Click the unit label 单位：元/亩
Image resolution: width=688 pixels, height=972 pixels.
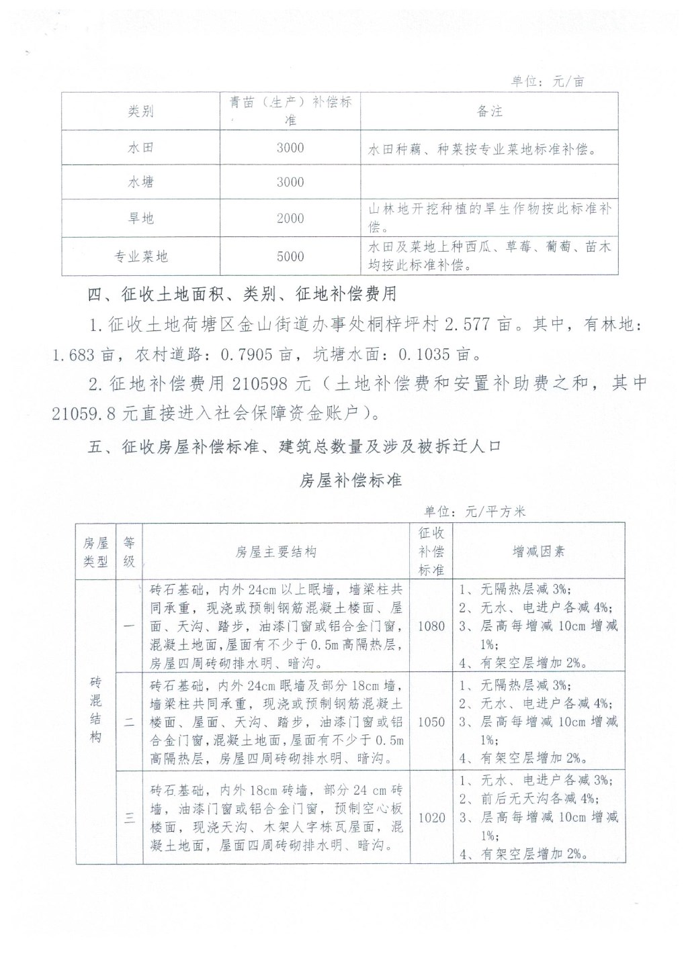[x=548, y=81]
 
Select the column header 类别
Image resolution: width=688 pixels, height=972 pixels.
[x=140, y=111]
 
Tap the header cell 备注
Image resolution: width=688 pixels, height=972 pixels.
[x=489, y=111]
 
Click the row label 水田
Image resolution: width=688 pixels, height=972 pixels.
[x=140, y=148]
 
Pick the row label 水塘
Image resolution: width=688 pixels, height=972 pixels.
[x=140, y=182]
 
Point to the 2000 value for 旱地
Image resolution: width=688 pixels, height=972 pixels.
[x=290, y=218]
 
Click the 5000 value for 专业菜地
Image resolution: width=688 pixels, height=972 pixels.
[x=290, y=256]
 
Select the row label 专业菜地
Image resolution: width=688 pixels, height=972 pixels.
[x=140, y=256]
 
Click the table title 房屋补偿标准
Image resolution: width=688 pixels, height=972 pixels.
[x=350, y=481]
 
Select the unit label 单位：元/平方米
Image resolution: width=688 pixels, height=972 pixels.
[x=474, y=512]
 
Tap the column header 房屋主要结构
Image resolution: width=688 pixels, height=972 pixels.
[x=275, y=552]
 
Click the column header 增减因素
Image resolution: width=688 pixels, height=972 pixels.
[x=539, y=552]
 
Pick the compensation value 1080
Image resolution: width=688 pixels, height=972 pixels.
[x=431, y=626]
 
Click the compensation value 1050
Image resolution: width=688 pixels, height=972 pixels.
[x=431, y=722]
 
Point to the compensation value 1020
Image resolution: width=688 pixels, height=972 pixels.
[x=431, y=818]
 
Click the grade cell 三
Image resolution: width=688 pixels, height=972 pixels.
[x=129, y=818]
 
